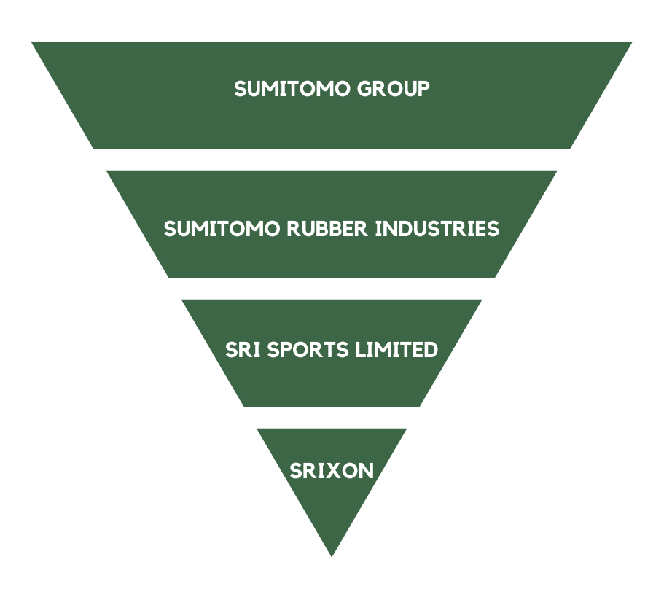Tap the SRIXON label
pos(332,471)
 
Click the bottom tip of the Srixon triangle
pos(332,555)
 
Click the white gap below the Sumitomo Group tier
pos(332,160)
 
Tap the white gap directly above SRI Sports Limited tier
pos(332,289)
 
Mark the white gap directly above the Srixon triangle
pos(332,418)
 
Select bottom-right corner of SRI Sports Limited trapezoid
pos(420,406)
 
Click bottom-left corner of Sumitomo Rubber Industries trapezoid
pos(169,276)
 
